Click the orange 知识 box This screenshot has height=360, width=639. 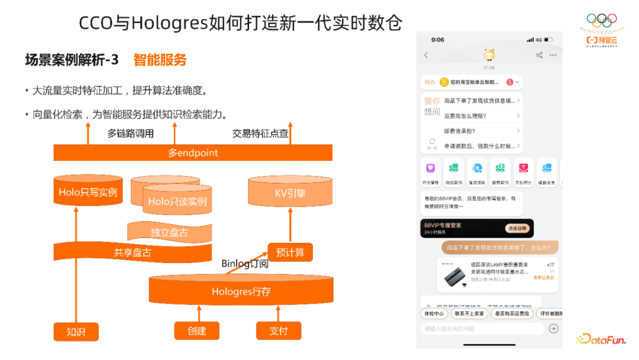tap(76, 331)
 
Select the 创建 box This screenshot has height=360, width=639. tap(196, 331)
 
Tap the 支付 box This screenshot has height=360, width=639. tap(278, 331)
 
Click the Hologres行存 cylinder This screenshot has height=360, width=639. tap(241, 291)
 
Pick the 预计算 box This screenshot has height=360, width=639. tap(290, 252)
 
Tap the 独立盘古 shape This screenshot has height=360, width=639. tap(169, 232)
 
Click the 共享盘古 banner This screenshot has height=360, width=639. tap(132, 253)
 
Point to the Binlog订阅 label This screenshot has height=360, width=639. tap(245, 263)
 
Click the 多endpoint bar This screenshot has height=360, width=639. tap(193, 153)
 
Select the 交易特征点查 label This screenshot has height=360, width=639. tap(260, 134)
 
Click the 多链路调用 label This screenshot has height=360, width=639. tap(130, 134)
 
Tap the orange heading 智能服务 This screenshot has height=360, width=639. tap(160, 60)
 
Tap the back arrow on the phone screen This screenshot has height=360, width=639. tap(426, 55)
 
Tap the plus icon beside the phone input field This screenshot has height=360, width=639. tap(553, 328)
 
